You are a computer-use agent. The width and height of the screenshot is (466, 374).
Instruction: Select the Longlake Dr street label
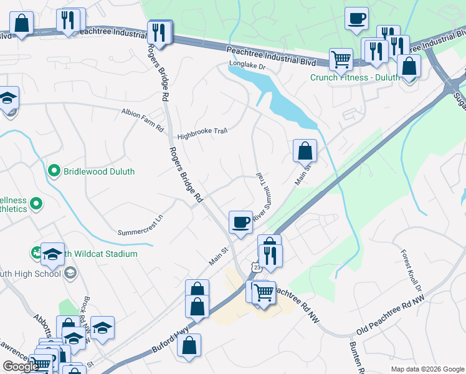[247, 64]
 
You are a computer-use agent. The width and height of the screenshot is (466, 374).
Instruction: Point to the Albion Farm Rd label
[142, 120]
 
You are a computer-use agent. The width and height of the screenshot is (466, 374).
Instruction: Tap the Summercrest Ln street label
[140, 225]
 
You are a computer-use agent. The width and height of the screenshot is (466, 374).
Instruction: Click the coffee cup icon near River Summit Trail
[240, 223]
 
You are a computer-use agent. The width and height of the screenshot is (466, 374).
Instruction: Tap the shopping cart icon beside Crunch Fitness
[340, 60]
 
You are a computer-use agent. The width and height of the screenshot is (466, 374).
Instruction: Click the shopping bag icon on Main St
[305, 151]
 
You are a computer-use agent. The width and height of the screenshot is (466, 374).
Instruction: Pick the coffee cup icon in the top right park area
[357, 19]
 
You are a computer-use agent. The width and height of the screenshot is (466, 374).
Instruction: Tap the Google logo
[21, 367]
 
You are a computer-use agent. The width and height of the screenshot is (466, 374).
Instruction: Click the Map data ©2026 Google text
[427, 369]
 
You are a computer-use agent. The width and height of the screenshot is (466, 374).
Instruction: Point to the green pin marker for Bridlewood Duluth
[54, 171]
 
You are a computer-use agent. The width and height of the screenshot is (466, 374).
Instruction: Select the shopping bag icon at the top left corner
[22, 24]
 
